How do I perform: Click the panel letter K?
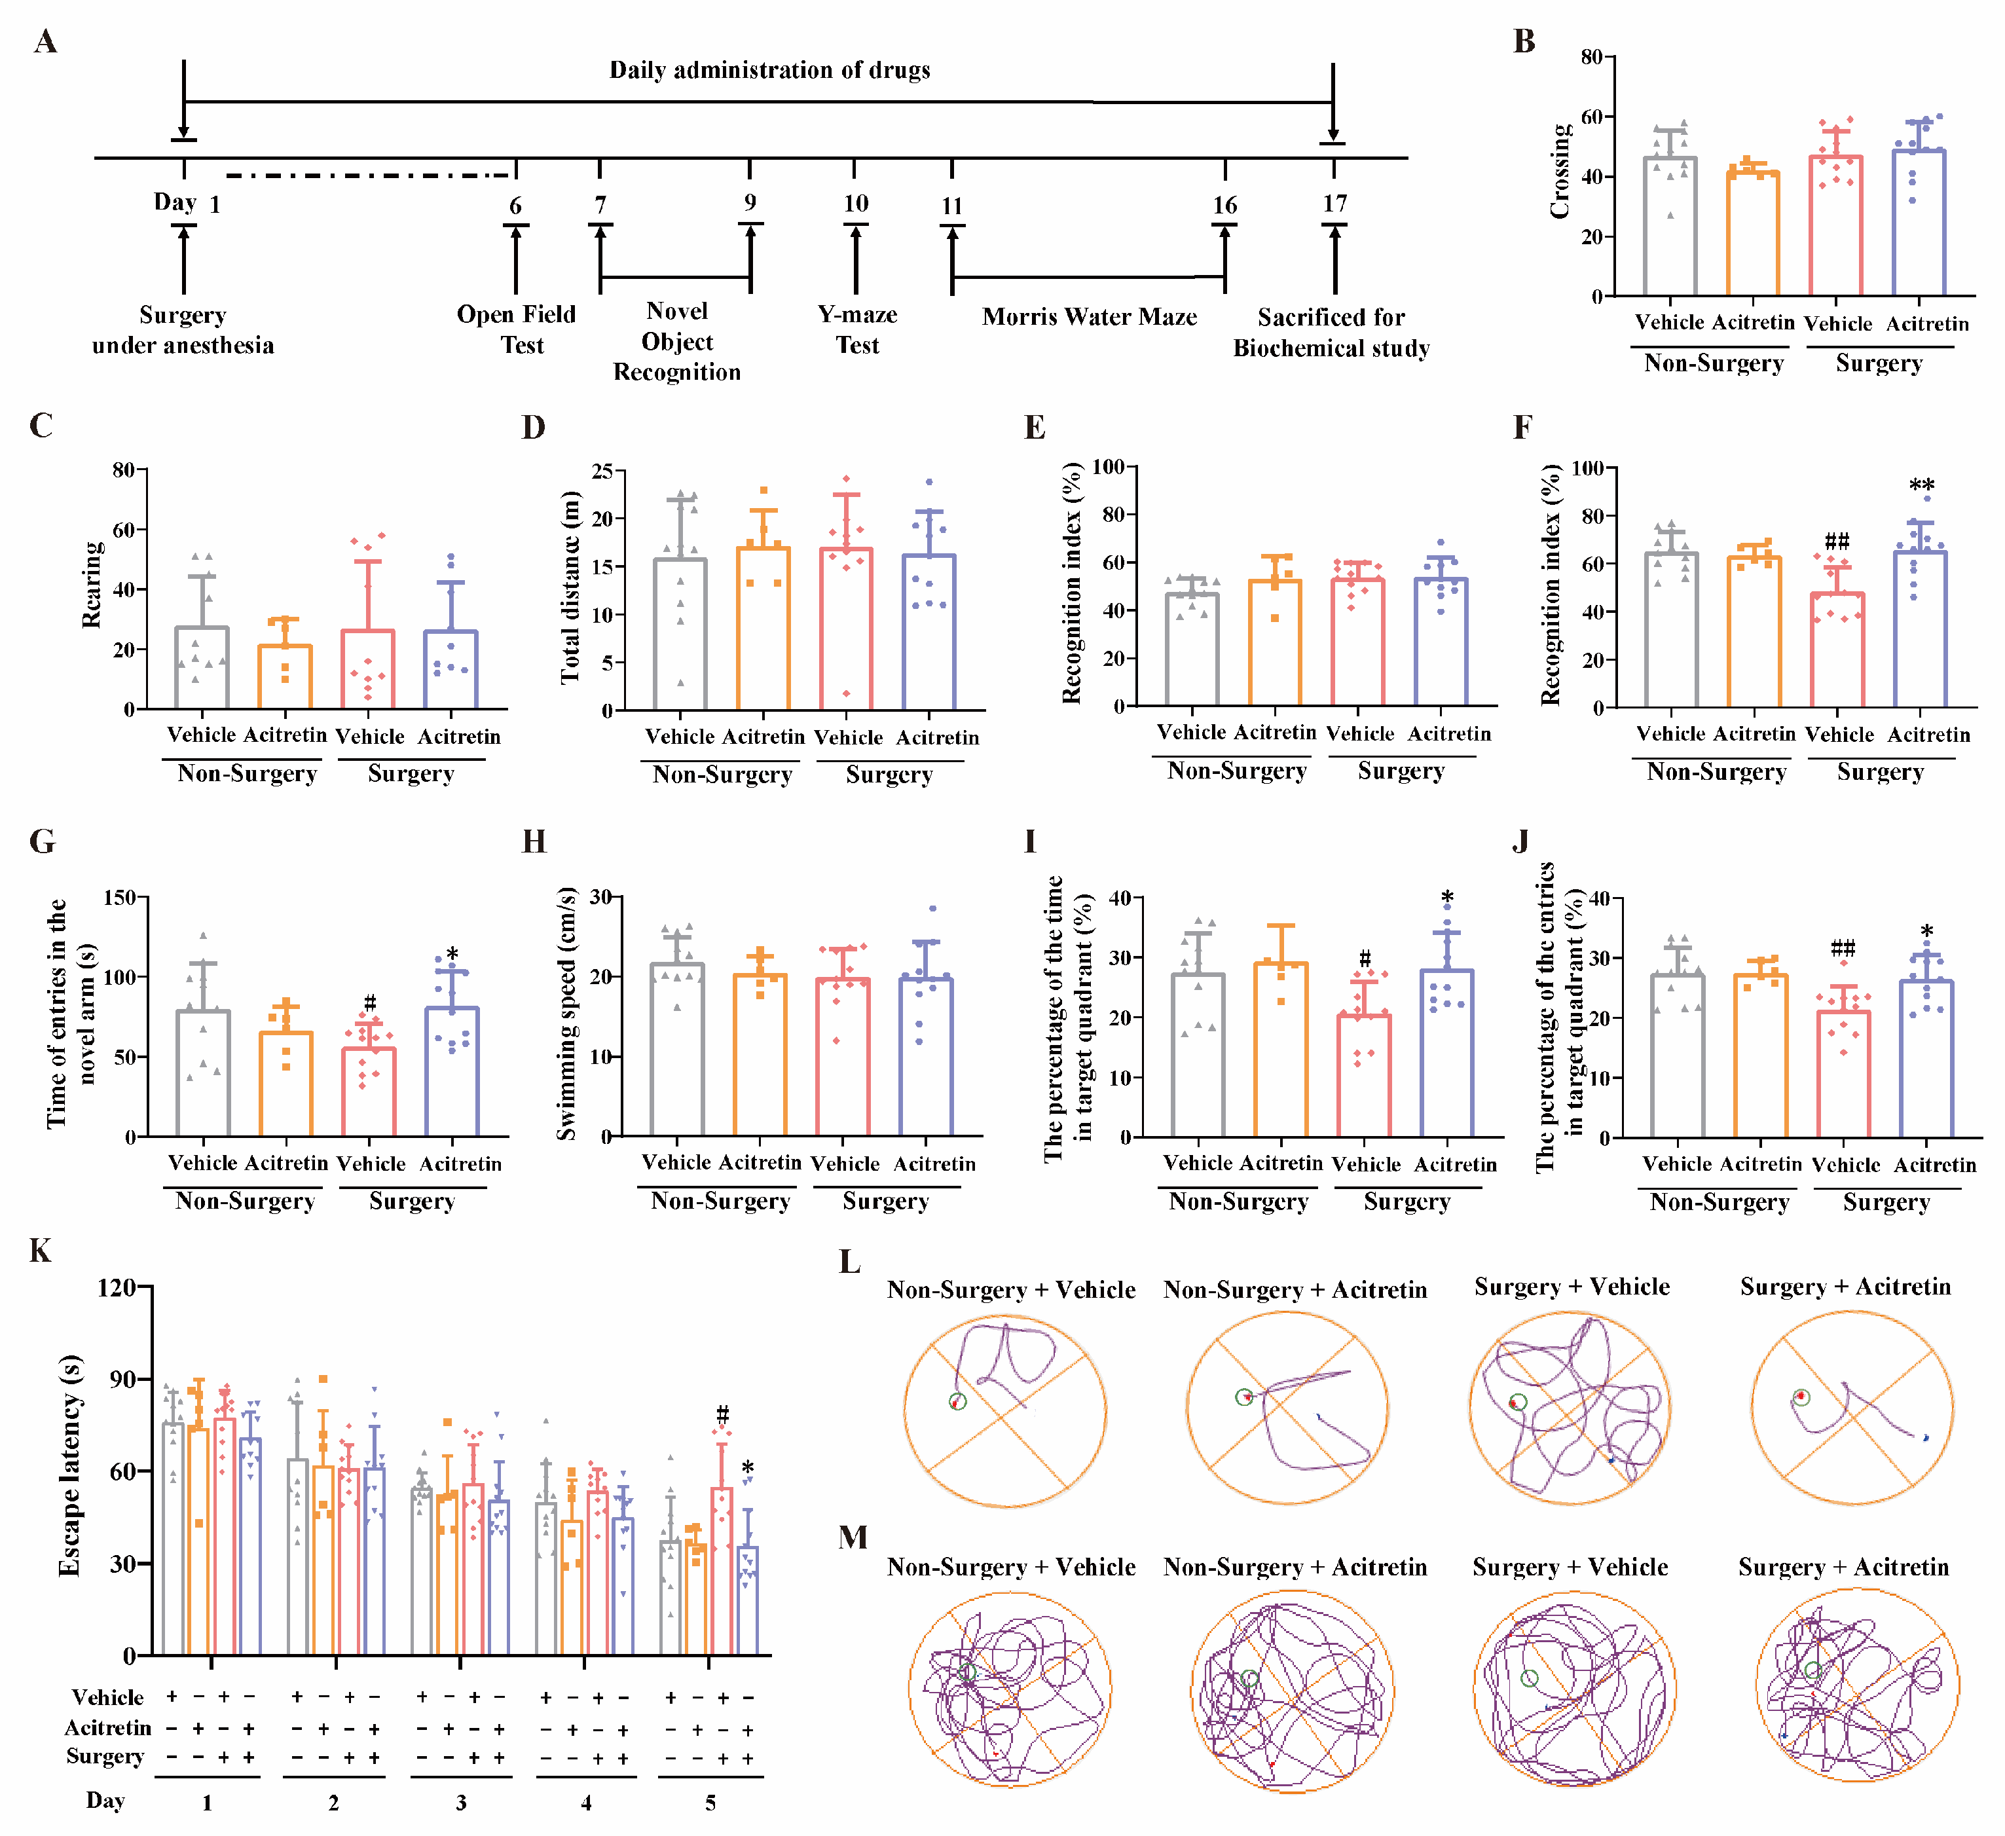click(40, 1251)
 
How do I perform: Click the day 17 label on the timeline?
click(1334, 204)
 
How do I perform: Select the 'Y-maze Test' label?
click(857, 329)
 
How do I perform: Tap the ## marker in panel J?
click(1843, 948)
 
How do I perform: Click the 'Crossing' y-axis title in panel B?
click(1560, 170)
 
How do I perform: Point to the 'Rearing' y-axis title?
click(92, 585)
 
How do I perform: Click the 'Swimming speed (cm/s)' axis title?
click(566, 1014)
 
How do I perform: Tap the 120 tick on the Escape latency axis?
click(117, 1288)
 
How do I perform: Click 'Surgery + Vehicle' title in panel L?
click(1572, 1287)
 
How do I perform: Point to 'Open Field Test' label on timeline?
click(517, 329)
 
